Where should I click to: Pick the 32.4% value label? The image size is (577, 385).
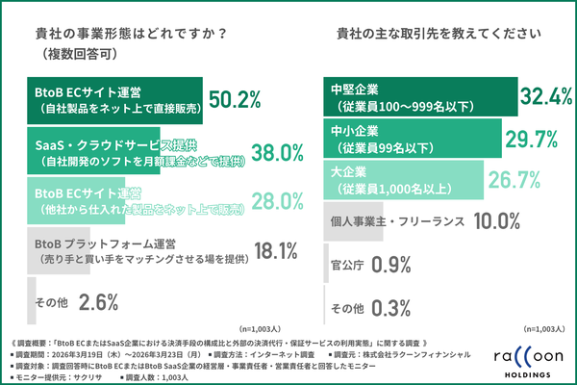point(546,95)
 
